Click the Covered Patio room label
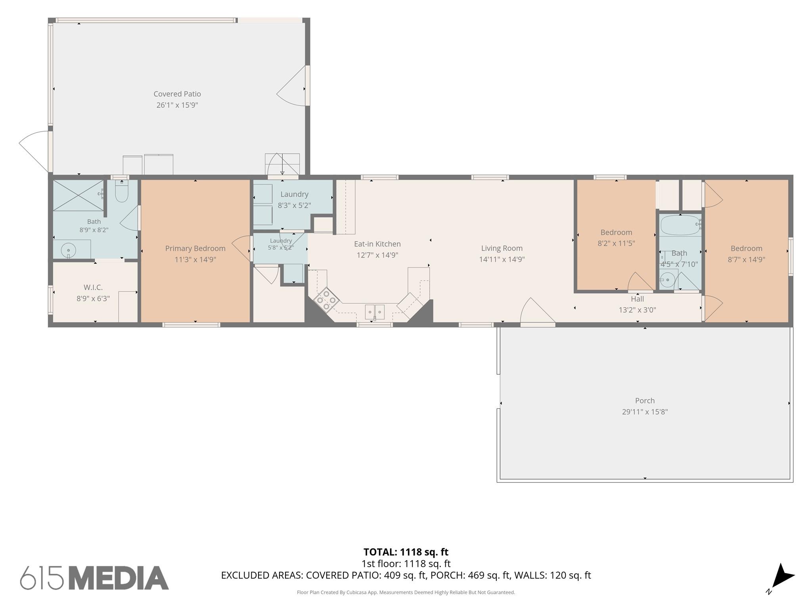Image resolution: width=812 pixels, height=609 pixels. [177, 94]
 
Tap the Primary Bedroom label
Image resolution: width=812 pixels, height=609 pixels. [195, 249]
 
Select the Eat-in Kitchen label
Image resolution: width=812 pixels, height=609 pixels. [377, 244]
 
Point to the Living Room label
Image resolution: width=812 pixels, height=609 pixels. [502, 248]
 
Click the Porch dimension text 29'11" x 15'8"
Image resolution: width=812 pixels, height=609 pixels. [645, 412]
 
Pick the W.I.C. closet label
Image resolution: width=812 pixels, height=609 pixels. [93, 287]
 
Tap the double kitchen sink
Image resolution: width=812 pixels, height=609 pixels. [375, 312]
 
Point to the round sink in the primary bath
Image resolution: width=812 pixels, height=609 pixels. [69, 251]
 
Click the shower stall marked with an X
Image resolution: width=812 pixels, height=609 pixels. [78, 195]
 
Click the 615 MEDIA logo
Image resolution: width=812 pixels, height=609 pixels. [94, 578]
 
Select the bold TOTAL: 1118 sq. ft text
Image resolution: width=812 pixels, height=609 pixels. [406, 552]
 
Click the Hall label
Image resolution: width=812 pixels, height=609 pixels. [637, 299]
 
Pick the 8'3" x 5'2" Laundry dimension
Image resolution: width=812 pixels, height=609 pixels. [294, 205]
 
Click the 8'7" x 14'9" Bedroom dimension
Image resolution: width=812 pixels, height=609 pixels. [746, 259]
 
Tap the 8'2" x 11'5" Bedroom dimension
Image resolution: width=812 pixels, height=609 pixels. [616, 243]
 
